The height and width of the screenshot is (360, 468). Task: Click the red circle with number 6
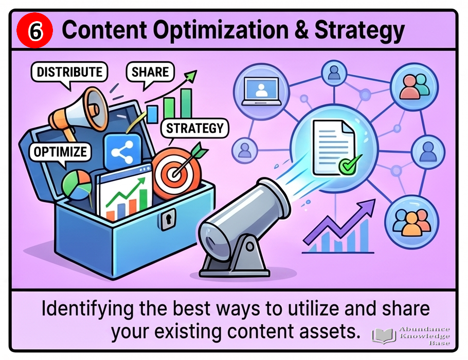[34, 30]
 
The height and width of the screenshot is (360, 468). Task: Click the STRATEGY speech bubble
[194, 129]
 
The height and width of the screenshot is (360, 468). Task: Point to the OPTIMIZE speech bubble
[60, 153]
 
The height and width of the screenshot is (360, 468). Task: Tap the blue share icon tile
[122, 152]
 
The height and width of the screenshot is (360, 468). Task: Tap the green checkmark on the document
[349, 165]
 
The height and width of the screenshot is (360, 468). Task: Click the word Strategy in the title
[359, 30]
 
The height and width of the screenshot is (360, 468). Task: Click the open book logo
[384, 335]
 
